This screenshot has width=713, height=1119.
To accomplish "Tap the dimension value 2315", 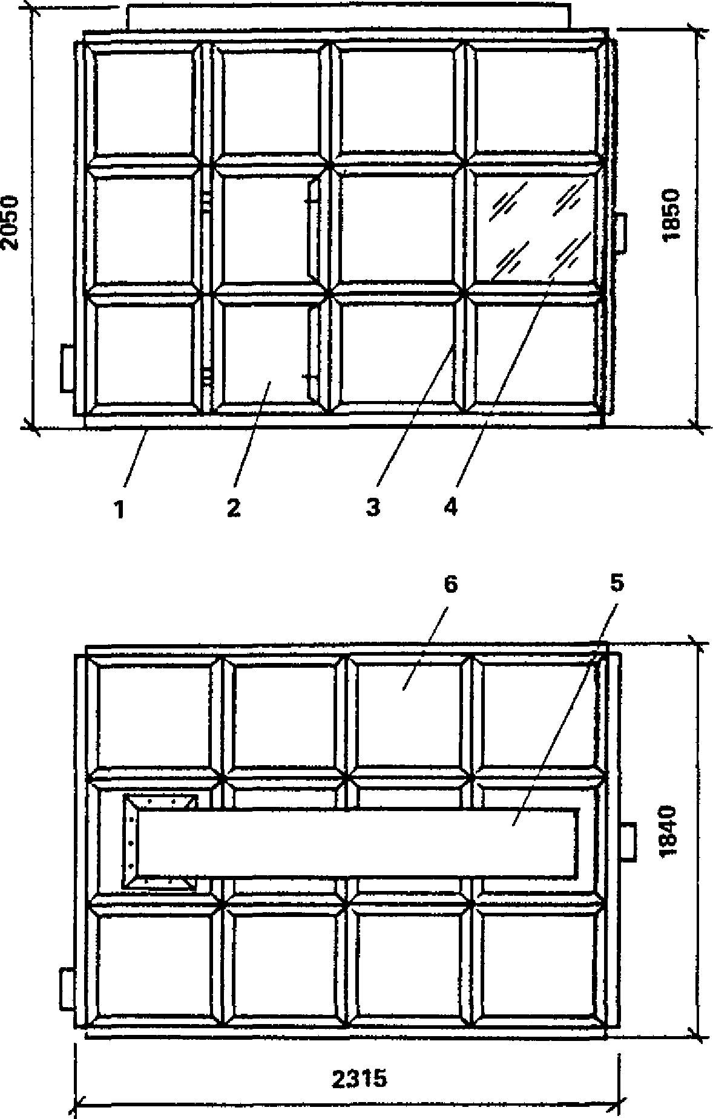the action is point(359,1078).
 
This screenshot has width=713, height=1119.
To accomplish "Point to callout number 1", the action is point(120,509).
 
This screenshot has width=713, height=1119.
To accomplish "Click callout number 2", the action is point(234,509).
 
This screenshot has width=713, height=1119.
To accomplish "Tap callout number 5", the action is point(616,584).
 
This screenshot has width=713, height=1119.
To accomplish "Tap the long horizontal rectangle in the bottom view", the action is point(357,844).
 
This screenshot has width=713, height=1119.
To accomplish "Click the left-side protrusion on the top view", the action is point(67,367).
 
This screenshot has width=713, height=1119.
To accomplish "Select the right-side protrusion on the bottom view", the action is point(628,841).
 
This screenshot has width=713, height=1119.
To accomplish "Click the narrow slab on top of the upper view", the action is point(348,17).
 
